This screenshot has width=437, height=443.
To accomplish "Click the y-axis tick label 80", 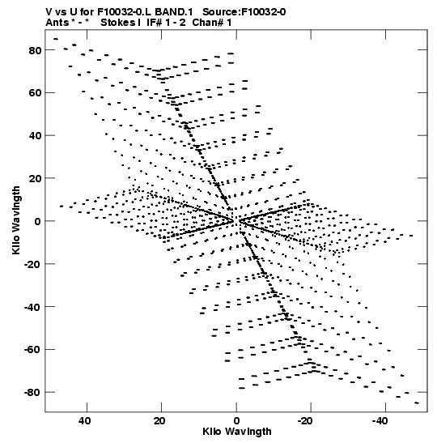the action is (35, 50).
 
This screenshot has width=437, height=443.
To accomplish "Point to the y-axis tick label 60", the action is (35, 93).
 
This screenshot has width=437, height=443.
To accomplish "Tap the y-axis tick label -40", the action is (32, 307).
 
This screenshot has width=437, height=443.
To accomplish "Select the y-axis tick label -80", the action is (32, 393).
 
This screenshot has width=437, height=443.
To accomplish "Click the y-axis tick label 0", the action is (38, 221).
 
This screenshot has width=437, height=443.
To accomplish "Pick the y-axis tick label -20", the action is (32, 264).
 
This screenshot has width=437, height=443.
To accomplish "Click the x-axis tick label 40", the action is (85, 421).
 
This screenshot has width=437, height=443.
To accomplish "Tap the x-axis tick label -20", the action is (307, 421).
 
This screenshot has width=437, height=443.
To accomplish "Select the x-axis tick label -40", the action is (381, 421).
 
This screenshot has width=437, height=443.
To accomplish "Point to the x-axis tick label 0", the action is (236, 421).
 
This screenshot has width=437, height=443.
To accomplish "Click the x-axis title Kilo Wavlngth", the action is (237, 432).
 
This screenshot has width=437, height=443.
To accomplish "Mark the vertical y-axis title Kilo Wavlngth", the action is (16, 220).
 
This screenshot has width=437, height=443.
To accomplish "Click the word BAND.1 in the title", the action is (174, 12).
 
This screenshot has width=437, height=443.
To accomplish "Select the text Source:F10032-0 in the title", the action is (244, 12).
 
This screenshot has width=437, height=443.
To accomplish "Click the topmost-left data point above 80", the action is (56, 39).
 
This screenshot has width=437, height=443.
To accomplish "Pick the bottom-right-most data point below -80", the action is (417, 403).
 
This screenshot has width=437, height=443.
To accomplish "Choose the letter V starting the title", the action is (49, 12).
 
